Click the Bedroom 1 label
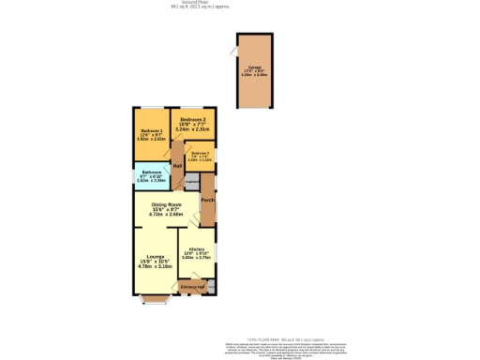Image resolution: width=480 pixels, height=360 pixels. (151, 130)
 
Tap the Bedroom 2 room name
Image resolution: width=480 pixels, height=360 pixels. (192, 120)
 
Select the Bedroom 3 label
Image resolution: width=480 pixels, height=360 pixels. (199, 153)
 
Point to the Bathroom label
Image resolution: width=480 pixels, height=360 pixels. (152, 172)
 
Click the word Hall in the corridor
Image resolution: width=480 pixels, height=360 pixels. (176, 166)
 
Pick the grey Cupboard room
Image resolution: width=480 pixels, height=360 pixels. (191, 181)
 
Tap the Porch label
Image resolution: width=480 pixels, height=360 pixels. (207, 200)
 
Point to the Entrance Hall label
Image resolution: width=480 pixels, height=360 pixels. (193, 286)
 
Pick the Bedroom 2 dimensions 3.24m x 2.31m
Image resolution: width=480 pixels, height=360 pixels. (192, 129)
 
